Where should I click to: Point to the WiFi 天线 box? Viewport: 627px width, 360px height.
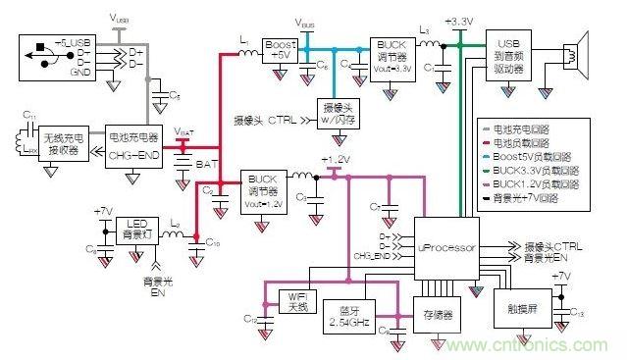(x=297, y=300)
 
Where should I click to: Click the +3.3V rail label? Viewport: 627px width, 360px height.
(x=458, y=20)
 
